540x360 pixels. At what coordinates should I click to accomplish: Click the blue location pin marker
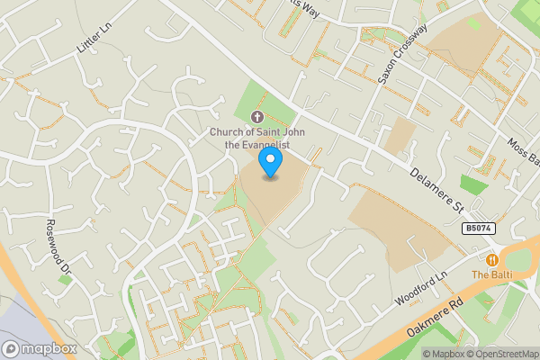[x=270, y=163]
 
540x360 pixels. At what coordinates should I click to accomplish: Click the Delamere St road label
[x=436, y=187]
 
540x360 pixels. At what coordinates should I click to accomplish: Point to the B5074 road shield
[x=479, y=229]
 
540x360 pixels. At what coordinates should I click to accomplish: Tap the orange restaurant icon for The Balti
[x=492, y=259]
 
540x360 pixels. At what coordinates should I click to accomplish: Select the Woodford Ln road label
[x=420, y=291]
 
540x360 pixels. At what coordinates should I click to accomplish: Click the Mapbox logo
[x=40, y=348]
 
